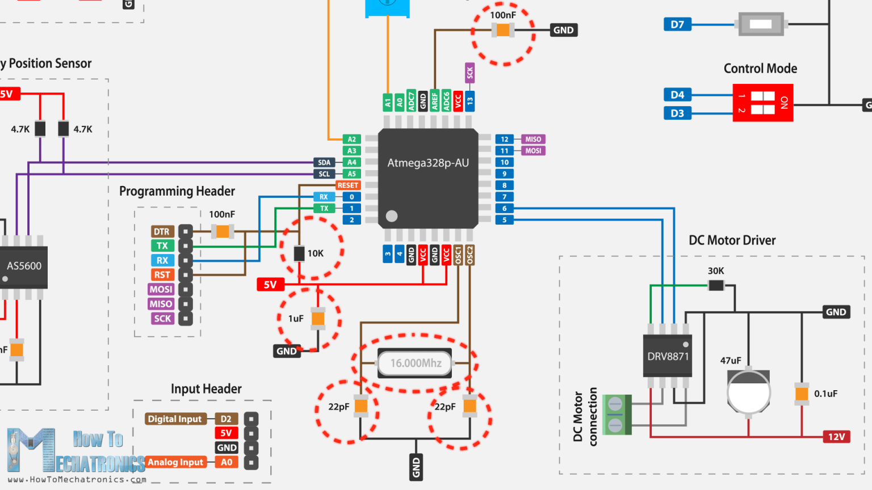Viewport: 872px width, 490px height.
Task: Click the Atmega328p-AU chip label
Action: (x=428, y=163)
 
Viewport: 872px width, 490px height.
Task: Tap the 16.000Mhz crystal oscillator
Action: (x=415, y=363)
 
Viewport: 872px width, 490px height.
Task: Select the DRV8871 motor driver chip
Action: (x=668, y=356)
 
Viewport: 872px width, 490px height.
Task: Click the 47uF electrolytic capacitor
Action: (x=748, y=391)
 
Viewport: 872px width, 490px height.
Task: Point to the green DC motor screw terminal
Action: (x=616, y=415)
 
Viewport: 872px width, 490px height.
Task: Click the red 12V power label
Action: (x=836, y=437)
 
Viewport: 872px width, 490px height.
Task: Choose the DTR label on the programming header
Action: (x=162, y=231)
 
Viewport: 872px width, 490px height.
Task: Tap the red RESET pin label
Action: (x=347, y=185)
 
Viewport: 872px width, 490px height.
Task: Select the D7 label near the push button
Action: (x=677, y=24)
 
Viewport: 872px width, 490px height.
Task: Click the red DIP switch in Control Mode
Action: (x=762, y=103)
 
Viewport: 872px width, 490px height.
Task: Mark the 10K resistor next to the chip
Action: (x=299, y=254)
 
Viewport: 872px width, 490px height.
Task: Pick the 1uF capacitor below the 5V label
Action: (x=318, y=319)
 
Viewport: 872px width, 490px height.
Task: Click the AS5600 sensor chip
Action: (x=24, y=267)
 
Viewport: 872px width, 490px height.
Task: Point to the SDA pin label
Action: (x=324, y=162)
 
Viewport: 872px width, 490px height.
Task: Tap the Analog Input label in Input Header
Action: (x=175, y=462)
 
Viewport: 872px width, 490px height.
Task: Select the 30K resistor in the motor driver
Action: (x=716, y=285)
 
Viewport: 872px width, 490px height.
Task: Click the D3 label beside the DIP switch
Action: (x=677, y=113)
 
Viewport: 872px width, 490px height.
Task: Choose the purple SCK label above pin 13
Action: (x=469, y=73)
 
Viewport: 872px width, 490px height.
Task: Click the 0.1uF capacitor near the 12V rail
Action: (x=802, y=393)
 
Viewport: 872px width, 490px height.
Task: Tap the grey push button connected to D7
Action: (x=761, y=24)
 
